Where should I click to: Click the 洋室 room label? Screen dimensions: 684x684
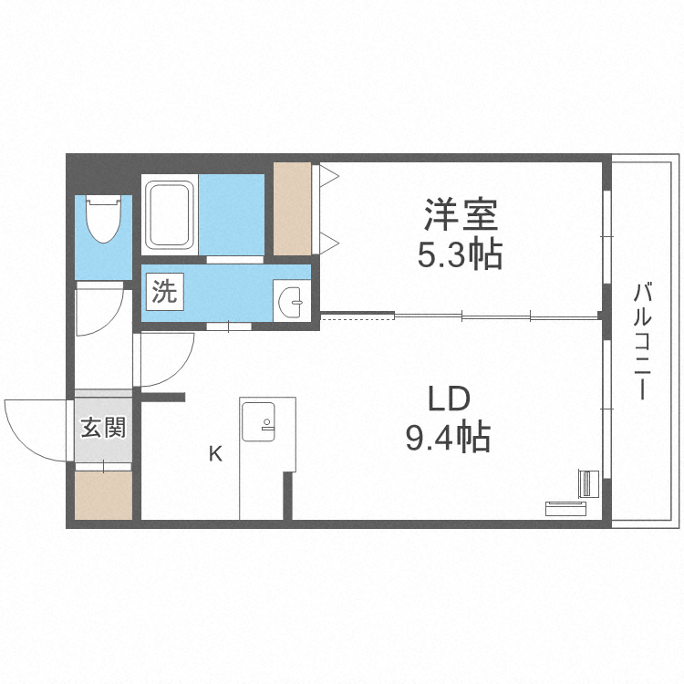pyautogui.click(x=460, y=216)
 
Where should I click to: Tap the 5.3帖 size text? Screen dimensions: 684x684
pyautogui.click(x=460, y=255)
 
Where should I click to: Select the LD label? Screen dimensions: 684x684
pyautogui.click(x=448, y=399)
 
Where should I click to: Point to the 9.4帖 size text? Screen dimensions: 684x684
pyautogui.click(x=448, y=439)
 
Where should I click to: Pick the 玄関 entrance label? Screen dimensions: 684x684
pyautogui.click(x=103, y=427)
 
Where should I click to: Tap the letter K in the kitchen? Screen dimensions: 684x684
pyautogui.click(x=215, y=453)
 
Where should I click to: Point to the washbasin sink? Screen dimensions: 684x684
pyautogui.click(x=291, y=301)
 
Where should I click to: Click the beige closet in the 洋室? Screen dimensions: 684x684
pyautogui.click(x=293, y=208)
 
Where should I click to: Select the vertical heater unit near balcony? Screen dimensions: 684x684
pyautogui.click(x=588, y=483)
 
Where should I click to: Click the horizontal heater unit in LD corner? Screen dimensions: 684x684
pyautogui.click(x=568, y=506)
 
